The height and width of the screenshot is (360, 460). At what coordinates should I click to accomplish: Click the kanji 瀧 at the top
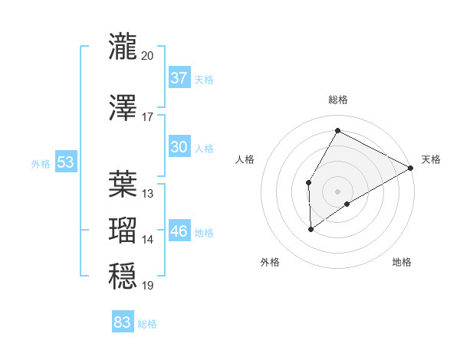123,47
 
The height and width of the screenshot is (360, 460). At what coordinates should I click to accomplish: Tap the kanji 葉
123,183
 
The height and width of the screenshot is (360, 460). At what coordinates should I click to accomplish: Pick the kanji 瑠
123,230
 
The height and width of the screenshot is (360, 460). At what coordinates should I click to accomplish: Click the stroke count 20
148,56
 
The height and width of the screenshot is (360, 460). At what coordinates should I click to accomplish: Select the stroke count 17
148,116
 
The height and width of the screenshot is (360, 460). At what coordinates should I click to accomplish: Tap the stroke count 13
148,193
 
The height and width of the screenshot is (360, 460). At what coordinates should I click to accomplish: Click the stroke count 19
148,286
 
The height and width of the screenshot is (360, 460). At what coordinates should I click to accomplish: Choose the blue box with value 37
179,78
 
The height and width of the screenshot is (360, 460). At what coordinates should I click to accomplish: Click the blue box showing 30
179,148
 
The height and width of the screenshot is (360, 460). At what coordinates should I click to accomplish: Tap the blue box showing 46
179,231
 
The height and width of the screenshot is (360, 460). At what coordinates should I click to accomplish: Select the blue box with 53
65,162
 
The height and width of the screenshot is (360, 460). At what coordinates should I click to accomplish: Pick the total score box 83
122,322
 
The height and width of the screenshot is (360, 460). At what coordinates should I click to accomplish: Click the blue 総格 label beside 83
147,324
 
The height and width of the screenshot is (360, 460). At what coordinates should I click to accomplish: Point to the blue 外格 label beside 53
41,163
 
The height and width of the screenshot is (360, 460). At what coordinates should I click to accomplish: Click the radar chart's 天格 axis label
431,159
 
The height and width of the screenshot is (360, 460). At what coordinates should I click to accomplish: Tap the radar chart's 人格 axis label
245,159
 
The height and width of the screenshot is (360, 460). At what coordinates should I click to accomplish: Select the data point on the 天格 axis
411,168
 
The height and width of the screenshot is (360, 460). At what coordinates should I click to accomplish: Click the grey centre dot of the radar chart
337,191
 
